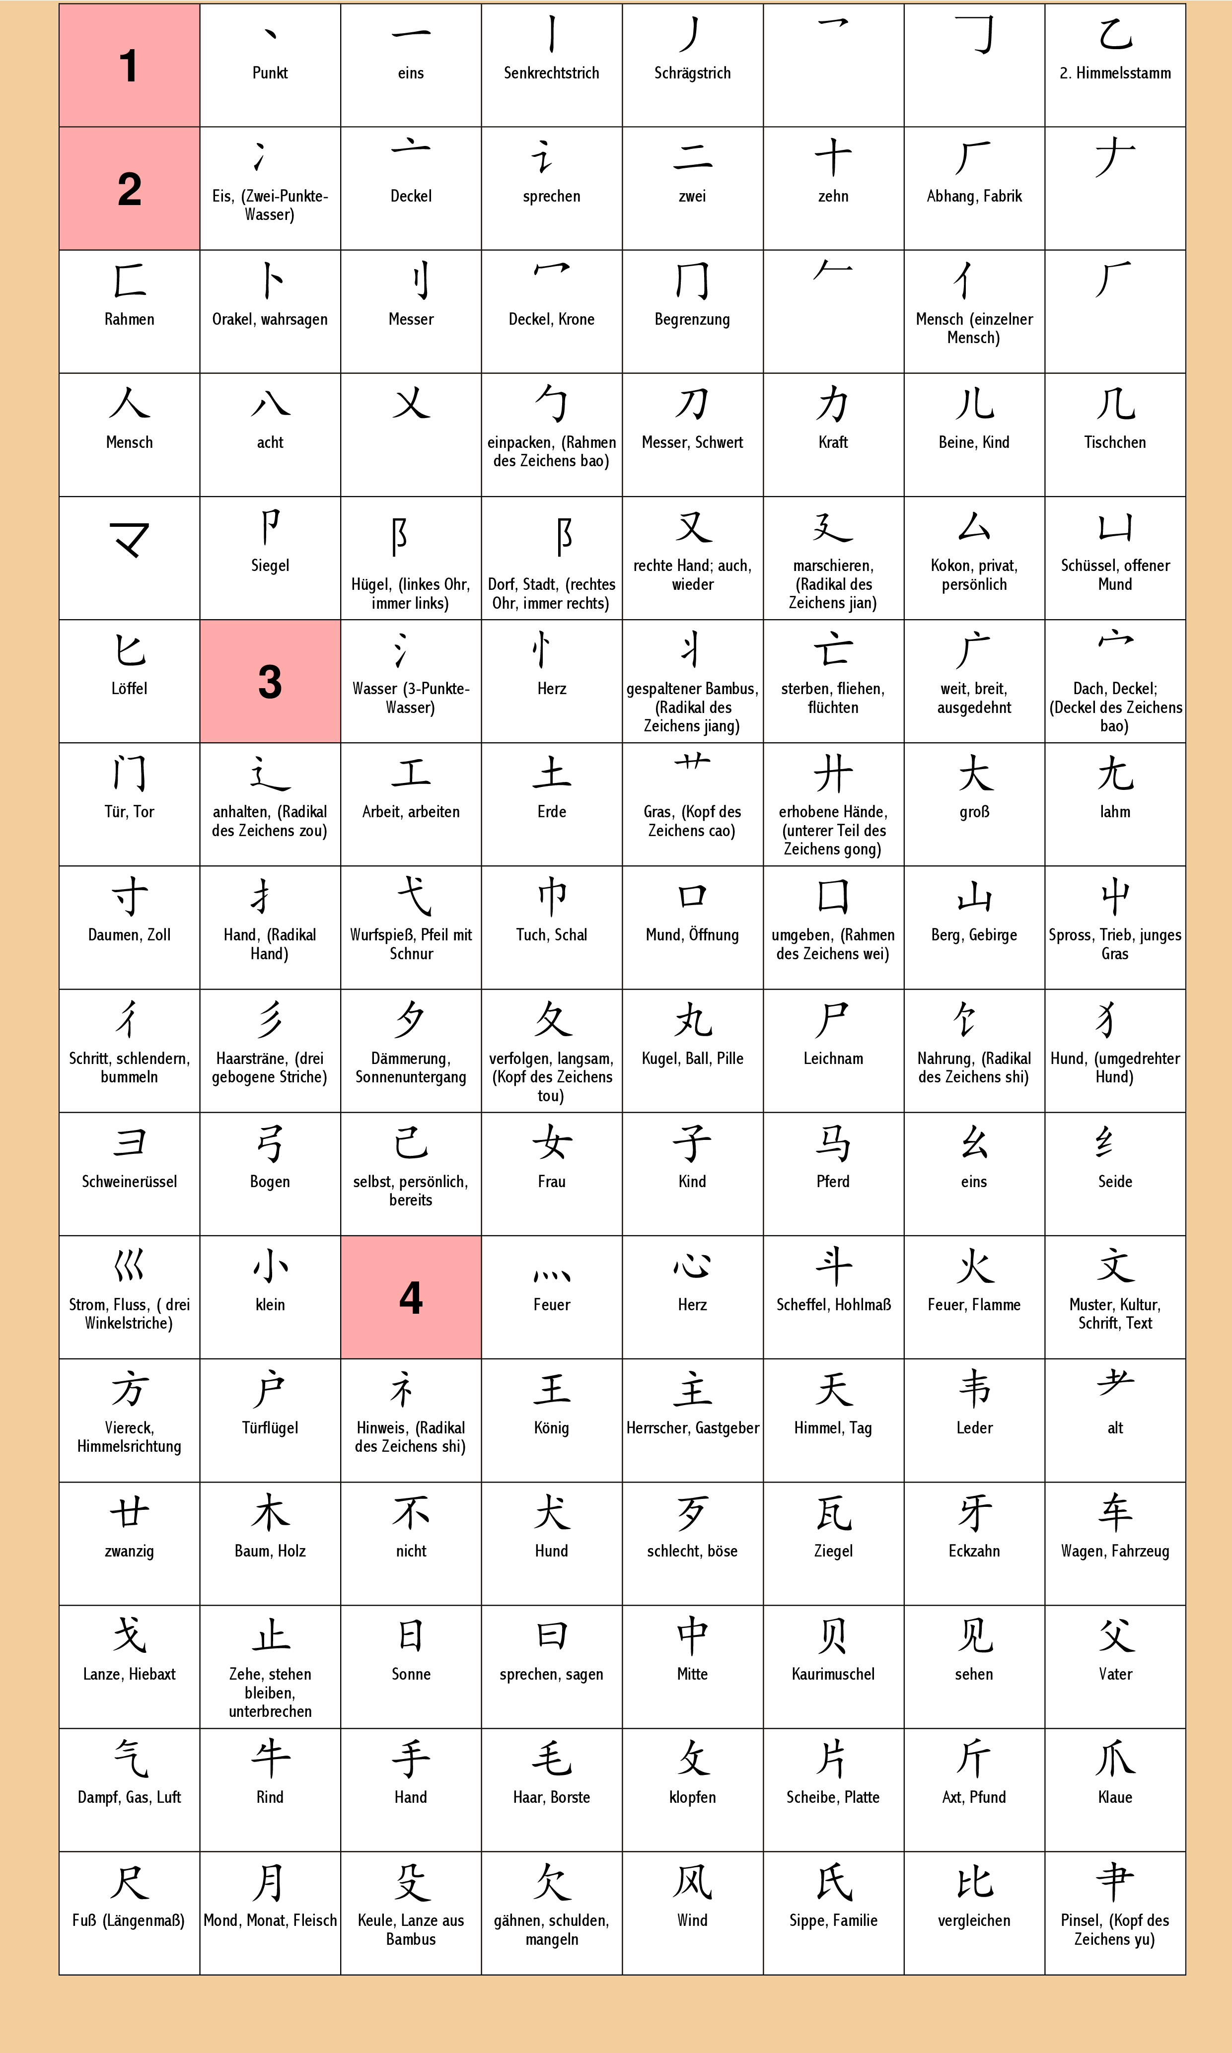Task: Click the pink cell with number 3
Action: point(270,681)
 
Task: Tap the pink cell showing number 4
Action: point(411,1297)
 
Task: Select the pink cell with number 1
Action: point(129,66)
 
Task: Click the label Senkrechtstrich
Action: point(551,73)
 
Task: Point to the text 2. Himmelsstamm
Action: point(1115,73)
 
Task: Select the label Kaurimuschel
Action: point(833,1674)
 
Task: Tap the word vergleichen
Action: point(974,1920)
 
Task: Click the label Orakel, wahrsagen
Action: point(270,319)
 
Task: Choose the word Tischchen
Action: point(1115,442)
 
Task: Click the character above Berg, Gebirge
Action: point(974,897)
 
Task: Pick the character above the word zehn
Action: point(833,158)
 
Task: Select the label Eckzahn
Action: point(974,1551)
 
